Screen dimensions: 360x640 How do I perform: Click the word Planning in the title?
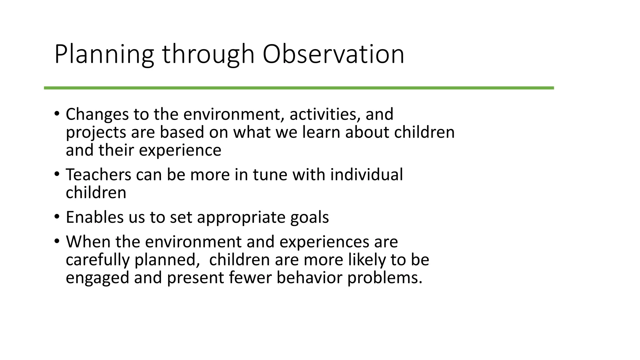pyautogui.click(x=104, y=55)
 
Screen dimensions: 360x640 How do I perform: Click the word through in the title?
pyautogui.click(x=208, y=55)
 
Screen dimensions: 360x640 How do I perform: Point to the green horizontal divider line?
pyautogui.click(x=299, y=88)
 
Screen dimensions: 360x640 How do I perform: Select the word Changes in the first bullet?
pyautogui.click(x=97, y=114)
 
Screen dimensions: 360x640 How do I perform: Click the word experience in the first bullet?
pyautogui.click(x=180, y=151)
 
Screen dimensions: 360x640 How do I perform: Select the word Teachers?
pyautogui.click(x=98, y=175)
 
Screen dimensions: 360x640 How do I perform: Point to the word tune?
pyautogui.click(x=270, y=175)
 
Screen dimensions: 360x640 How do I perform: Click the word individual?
pyautogui.click(x=366, y=175)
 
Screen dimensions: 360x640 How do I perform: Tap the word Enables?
pyautogui.click(x=95, y=217)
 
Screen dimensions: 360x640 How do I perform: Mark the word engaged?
pyautogui.click(x=97, y=278)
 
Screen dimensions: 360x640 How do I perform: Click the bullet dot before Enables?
pyautogui.click(x=56, y=217)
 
